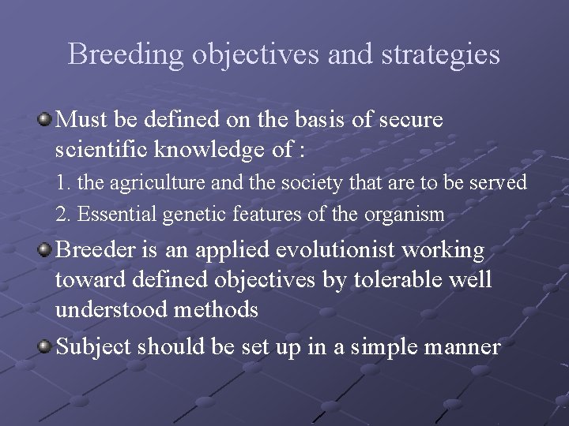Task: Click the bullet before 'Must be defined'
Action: (x=45, y=120)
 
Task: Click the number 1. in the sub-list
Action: (x=62, y=183)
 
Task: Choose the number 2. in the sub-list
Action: (x=62, y=213)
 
